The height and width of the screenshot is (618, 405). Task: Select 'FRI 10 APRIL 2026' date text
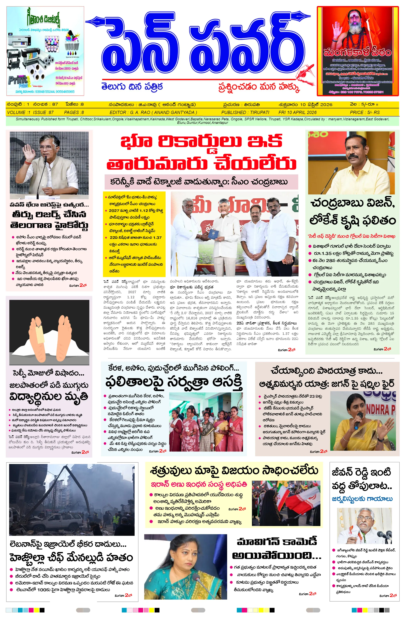tap(297, 112)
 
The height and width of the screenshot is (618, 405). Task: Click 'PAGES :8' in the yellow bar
tap(74, 112)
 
